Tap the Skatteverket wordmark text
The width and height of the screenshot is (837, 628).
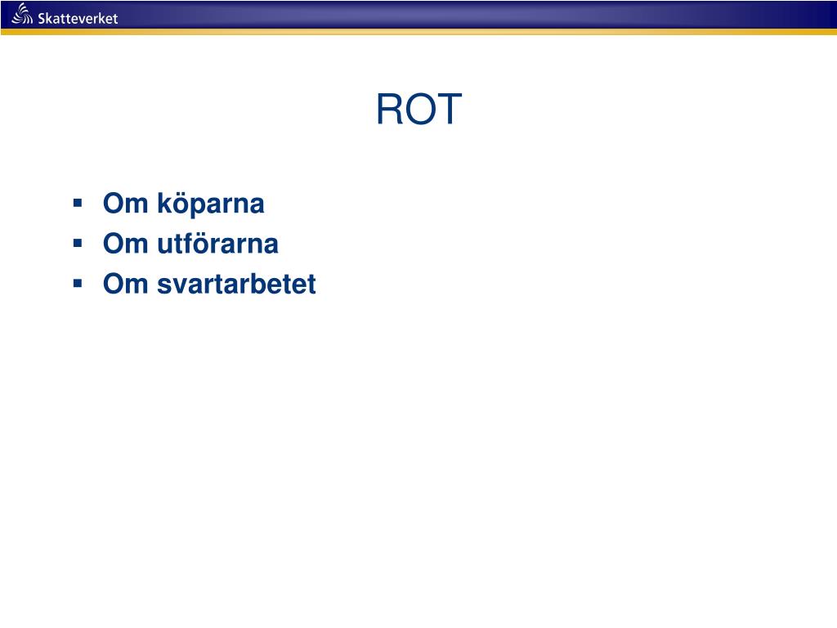click(78, 18)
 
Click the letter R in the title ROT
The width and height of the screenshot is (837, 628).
click(389, 110)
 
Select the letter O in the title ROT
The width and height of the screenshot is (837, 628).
click(422, 110)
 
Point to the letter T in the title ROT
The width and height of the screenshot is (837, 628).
click(450, 110)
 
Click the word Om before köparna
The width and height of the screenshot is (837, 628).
click(122, 204)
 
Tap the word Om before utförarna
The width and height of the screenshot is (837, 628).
click(122, 244)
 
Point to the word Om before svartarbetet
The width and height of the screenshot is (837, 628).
click(122, 284)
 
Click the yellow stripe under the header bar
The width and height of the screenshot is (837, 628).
click(418, 32)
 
